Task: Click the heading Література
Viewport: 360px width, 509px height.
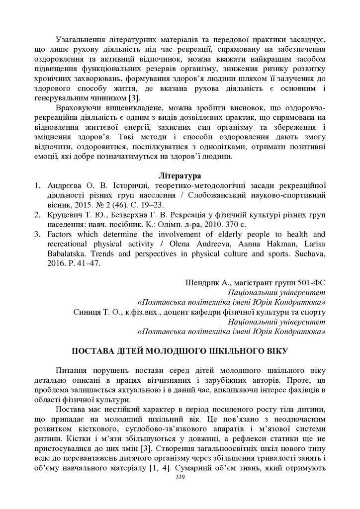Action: [180, 175]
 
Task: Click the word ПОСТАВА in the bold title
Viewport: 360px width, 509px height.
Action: [93, 350]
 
